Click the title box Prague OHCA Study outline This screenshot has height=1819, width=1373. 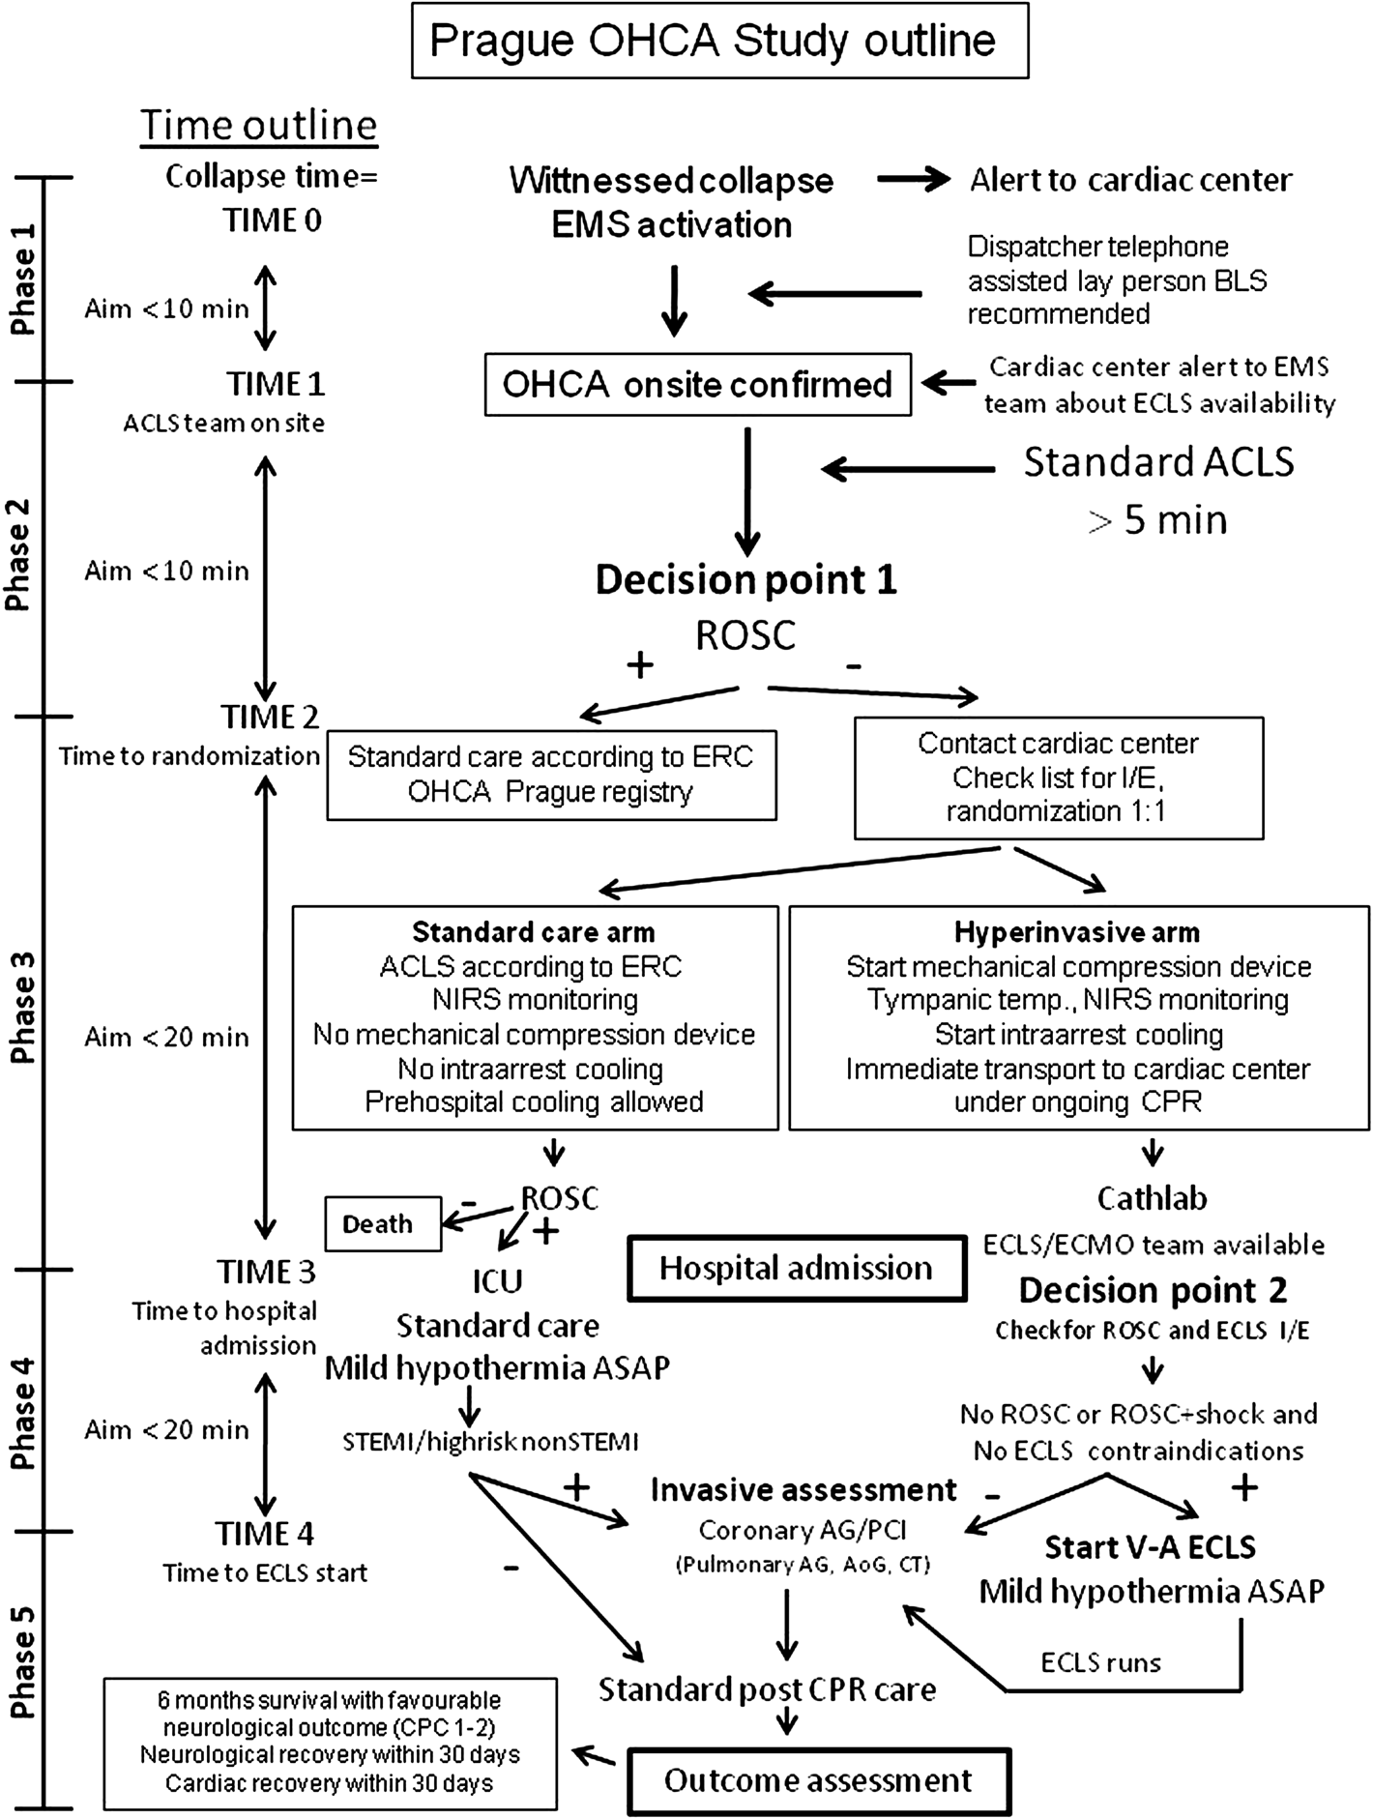(x=719, y=42)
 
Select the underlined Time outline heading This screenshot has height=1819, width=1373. (x=259, y=126)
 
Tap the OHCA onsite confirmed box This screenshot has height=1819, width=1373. (x=697, y=385)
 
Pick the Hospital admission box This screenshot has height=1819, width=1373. (x=797, y=1268)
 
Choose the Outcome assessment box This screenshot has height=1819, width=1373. (x=818, y=1780)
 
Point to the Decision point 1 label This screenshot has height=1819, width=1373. (x=745, y=580)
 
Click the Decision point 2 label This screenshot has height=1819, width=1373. (x=1153, y=1290)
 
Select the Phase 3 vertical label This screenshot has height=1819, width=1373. (x=23, y=1007)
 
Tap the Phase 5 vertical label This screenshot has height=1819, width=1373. (x=23, y=1662)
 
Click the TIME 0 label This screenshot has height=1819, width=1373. (x=273, y=220)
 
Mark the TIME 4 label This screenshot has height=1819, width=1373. (x=264, y=1534)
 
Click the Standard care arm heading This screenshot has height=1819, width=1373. (x=534, y=932)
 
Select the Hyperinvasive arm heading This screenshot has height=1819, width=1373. (x=1077, y=932)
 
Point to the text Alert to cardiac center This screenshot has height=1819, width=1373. (x=1131, y=180)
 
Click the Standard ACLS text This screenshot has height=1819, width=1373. (x=1158, y=462)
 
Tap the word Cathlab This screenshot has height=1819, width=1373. (x=1152, y=1199)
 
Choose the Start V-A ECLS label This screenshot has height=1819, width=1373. (x=1150, y=1547)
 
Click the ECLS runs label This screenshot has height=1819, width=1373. (x=1100, y=1663)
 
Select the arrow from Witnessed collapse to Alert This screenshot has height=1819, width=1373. (x=914, y=180)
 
